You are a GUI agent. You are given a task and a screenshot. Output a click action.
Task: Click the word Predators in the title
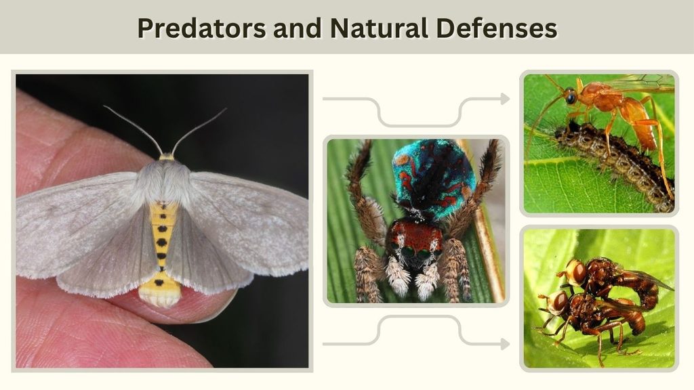tap(202, 28)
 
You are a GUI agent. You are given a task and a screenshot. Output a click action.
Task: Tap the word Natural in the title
tap(379, 28)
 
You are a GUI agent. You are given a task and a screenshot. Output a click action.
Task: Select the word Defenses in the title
tap(496, 28)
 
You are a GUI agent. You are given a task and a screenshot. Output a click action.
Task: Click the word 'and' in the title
tap(298, 28)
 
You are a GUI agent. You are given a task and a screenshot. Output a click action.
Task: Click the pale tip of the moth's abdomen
tap(160, 297)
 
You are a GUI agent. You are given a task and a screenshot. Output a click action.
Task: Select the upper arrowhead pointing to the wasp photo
tap(505, 99)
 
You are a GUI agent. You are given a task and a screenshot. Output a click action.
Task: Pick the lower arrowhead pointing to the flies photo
tap(505, 343)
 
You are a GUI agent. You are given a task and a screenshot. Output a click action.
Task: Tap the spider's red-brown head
tap(415, 239)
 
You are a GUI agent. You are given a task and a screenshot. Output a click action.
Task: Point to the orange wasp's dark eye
tap(571, 96)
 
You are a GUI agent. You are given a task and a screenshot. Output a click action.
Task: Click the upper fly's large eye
tap(577, 272)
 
